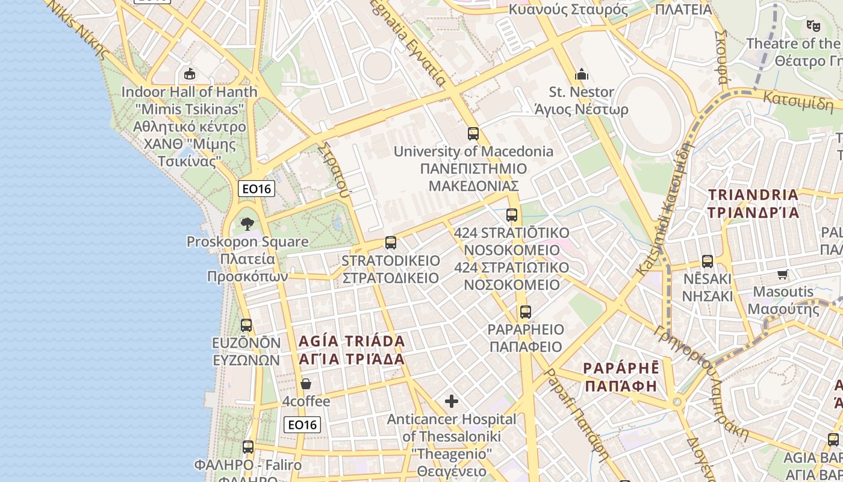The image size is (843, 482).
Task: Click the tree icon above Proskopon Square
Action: [x=247, y=224]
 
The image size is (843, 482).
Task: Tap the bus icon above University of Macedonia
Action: [x=473, y=134]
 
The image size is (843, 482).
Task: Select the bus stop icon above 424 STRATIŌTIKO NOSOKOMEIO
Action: [x=512, y=215]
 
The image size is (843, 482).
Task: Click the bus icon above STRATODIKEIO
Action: [x=391, y=243]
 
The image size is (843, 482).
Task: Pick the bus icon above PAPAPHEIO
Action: [x=526, y=312]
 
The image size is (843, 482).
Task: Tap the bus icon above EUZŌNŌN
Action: [x=246, y=325]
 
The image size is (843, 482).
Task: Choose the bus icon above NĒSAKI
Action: [x=708, y=261]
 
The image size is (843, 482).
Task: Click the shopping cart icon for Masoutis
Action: [x=782, y=275]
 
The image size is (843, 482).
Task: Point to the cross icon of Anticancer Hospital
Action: [x=452, y=401]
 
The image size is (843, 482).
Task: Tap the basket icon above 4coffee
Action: [x=306, y=384]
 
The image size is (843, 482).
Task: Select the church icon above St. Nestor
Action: [x=582, y=74]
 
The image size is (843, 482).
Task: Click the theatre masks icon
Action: [x=813, y=26]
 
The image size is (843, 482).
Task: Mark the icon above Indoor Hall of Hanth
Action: [x=190, y=74]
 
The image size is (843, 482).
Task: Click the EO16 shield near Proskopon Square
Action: [x=257, y=189]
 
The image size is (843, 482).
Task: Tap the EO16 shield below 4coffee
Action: [x=302, y=425]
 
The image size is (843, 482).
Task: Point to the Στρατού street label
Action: [x=336, y=171]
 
